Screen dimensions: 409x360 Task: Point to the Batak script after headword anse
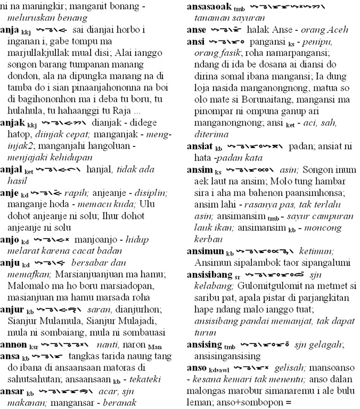tap(227, 31)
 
